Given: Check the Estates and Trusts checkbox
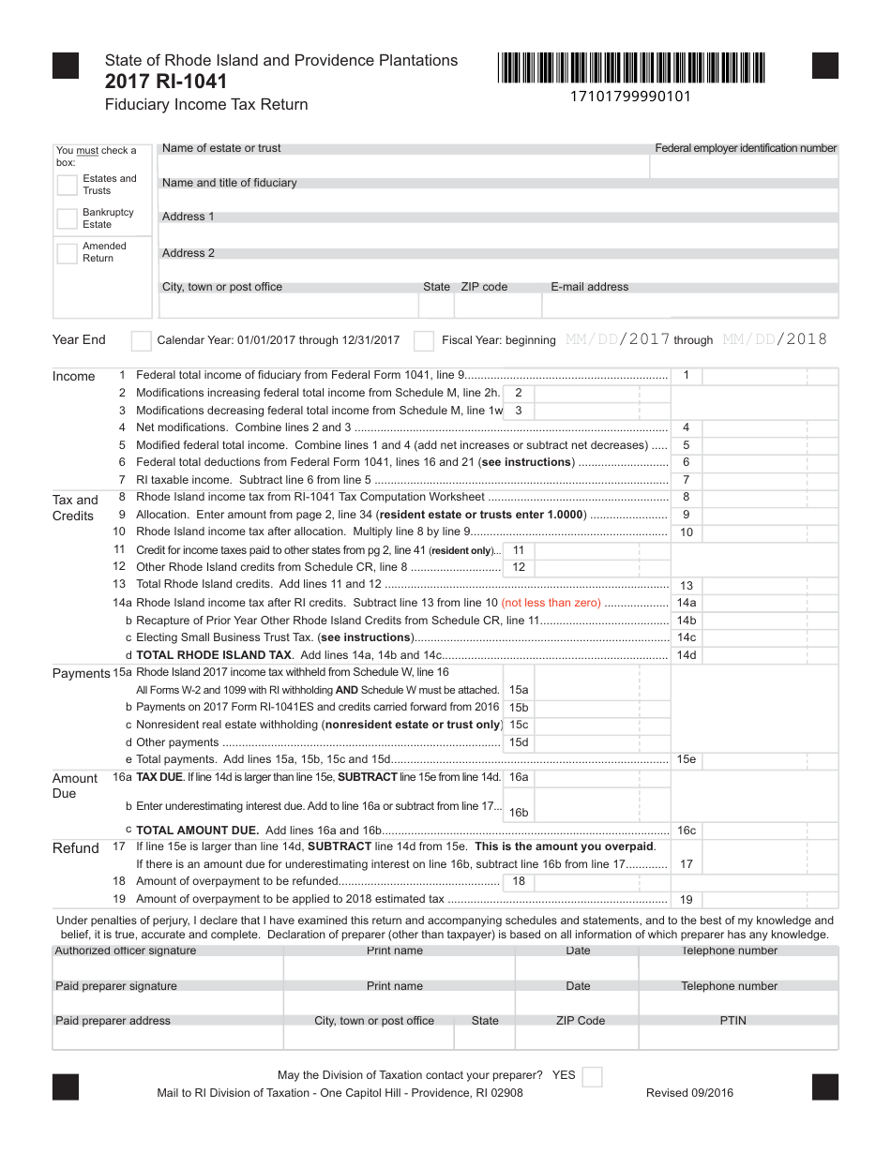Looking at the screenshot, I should (67, 185).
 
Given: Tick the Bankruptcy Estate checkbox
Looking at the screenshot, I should (67, 218).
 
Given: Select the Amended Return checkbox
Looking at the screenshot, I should (67, 253).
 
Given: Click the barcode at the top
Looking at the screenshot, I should (631, 68).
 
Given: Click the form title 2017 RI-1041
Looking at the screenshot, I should (166, 82).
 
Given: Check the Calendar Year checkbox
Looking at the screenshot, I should (141, 340).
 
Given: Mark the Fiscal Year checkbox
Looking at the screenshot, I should (424, 340).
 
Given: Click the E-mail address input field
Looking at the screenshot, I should (689, 306).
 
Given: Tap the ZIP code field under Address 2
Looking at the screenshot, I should (497, 306).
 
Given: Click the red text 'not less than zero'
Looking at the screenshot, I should (551, 603).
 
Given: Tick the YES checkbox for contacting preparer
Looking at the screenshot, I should (592, 1076).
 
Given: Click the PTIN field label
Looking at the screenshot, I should (732, 1021).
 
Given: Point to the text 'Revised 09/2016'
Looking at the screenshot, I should (689, 1093).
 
